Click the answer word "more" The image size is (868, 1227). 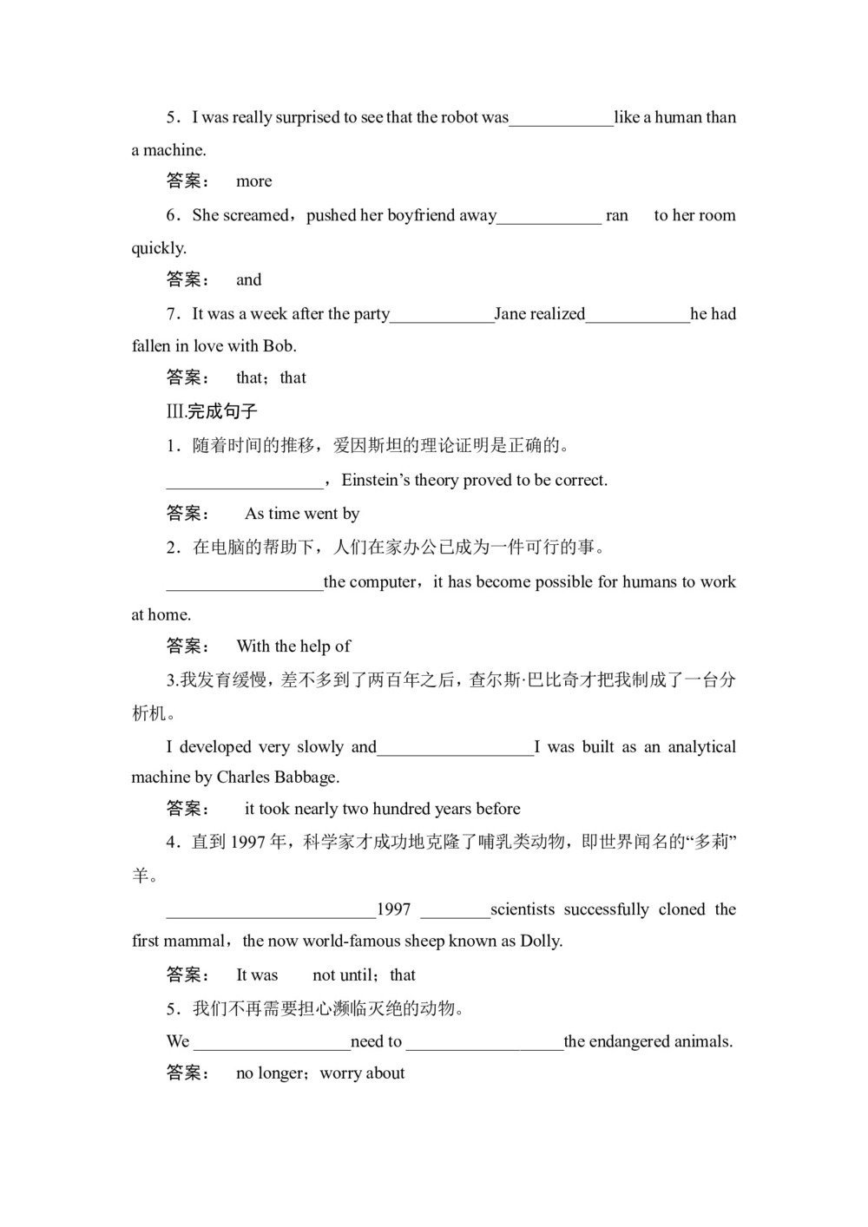[253, 181]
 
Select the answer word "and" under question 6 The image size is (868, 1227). [248, 279]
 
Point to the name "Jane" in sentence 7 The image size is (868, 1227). [511, 313]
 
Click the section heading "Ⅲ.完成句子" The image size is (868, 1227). [213, 411]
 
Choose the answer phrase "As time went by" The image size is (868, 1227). [302, 514]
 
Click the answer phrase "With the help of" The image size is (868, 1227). [293, 646]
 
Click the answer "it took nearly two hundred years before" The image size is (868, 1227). [382, 809]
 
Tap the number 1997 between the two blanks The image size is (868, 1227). [393, 909]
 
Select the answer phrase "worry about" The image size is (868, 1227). [362, 1073]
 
